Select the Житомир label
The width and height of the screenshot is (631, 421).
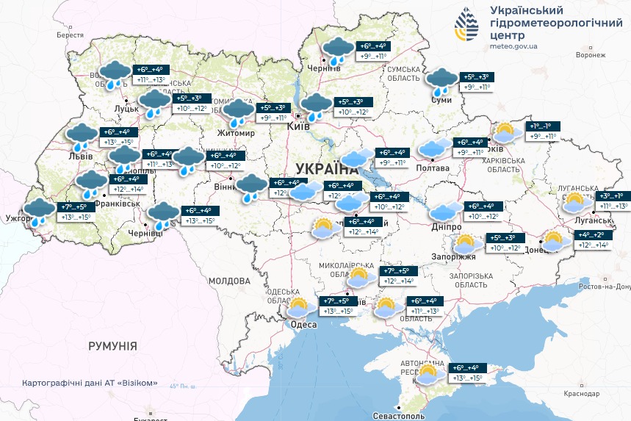(235, 133)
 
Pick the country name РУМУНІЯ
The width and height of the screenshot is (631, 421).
(112, 345)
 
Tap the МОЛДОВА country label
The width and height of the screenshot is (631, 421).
(229, 281)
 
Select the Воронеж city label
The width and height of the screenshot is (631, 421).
(591, 55)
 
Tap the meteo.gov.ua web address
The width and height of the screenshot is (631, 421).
(513, 46)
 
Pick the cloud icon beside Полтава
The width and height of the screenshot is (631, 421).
(435, 147)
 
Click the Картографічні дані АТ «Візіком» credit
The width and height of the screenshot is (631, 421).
(90, 384)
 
